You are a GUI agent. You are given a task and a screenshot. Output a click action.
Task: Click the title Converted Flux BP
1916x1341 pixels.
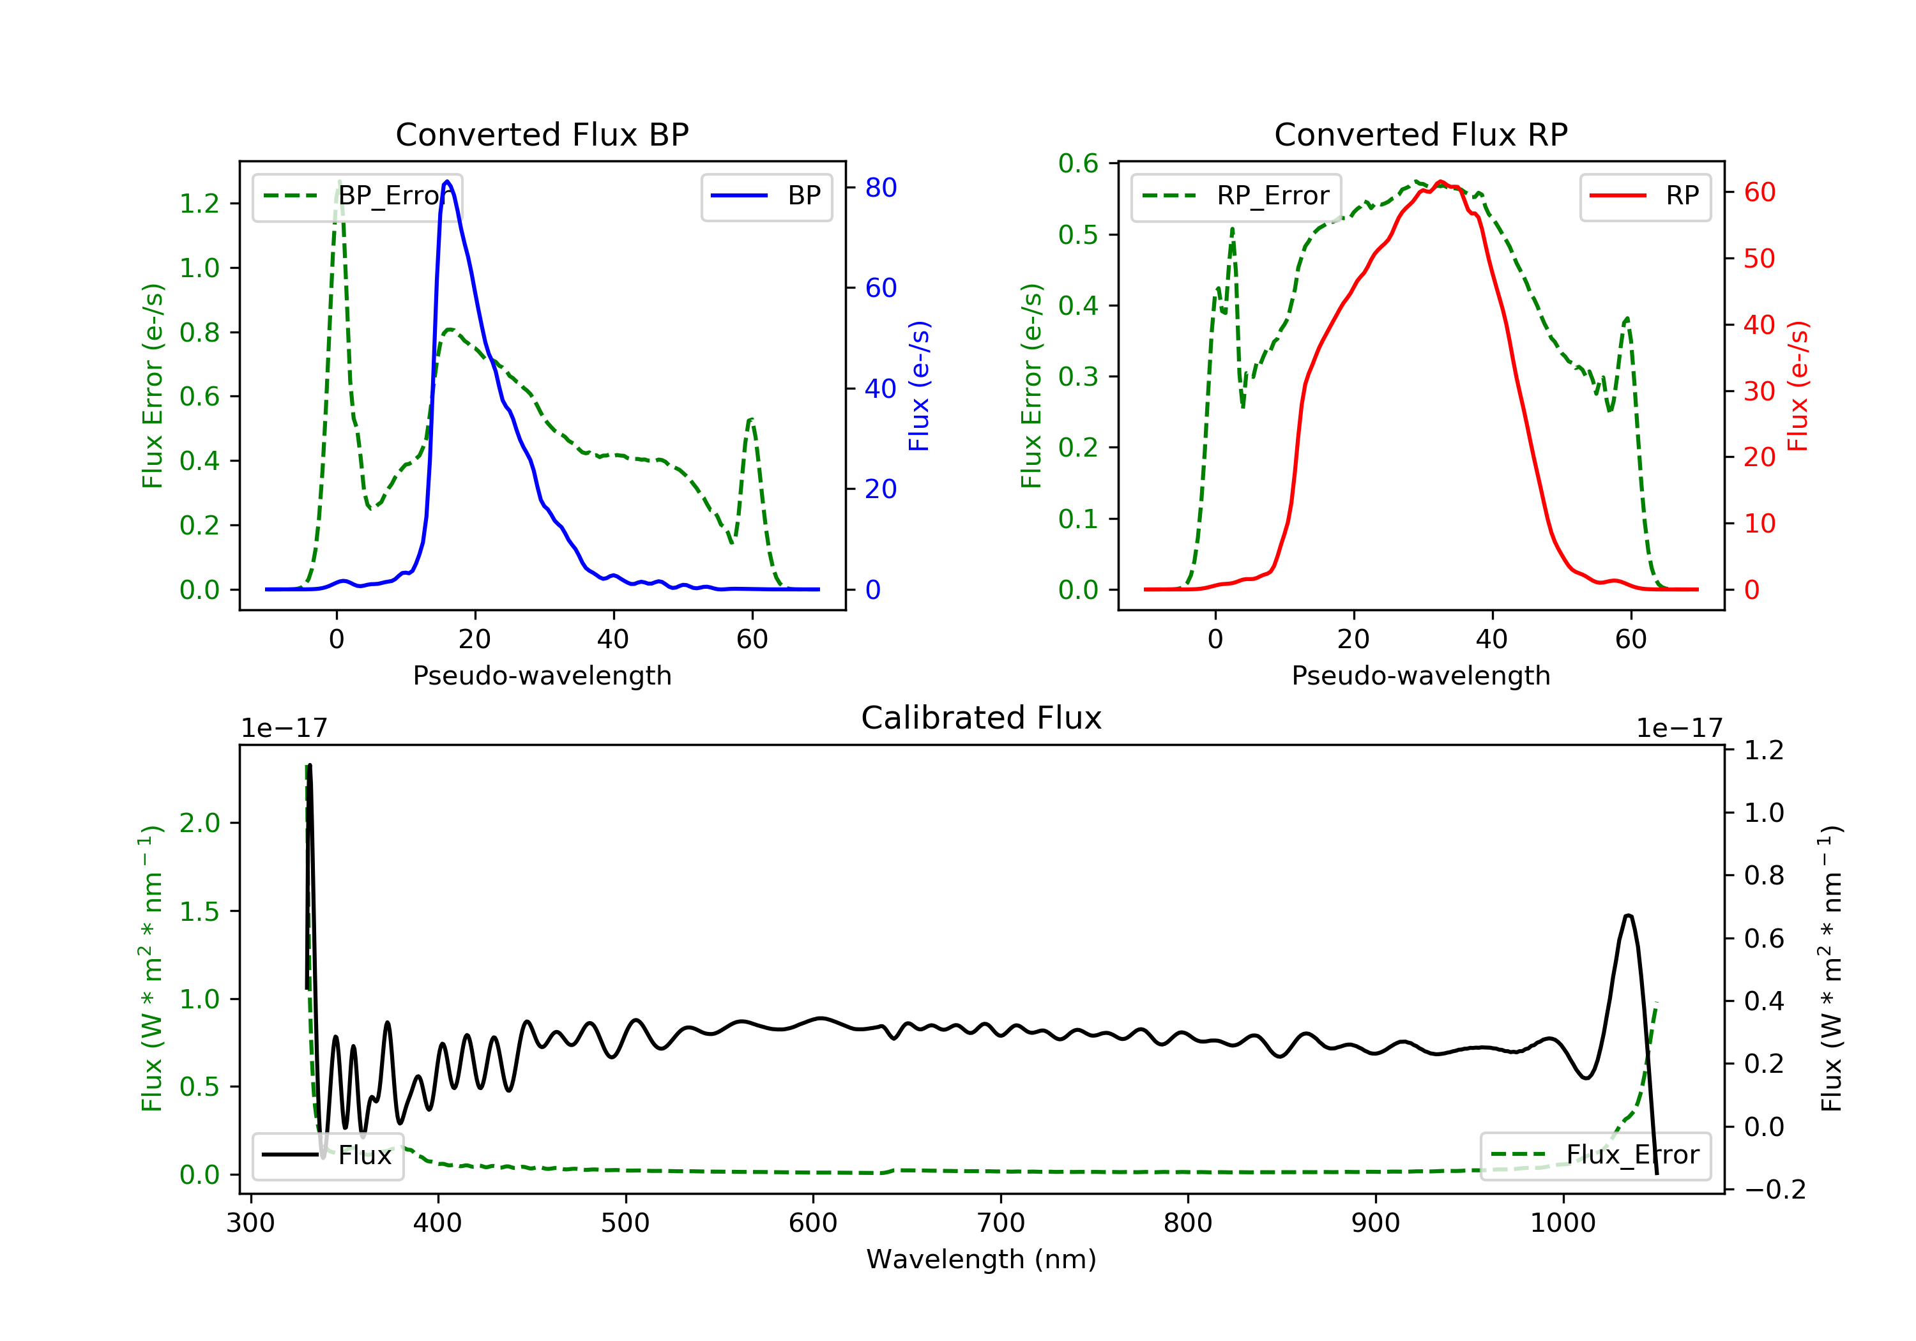pyautogui.click(x=542, y=134)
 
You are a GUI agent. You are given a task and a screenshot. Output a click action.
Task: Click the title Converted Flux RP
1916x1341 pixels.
pyautogui.click(x=1420, y=134)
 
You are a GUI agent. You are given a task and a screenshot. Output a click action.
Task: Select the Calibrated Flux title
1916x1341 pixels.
pyautogui.click(x=982, y=718)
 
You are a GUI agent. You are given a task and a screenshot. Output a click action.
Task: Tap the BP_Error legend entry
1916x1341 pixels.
pyautogui.click(x=357, y=196)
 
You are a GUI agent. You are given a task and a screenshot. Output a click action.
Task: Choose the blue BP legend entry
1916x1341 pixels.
pyautogui.click(x=766, y=196)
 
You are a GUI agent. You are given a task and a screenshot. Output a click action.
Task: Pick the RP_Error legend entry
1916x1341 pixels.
pyautogui.click(x=1236, y=196)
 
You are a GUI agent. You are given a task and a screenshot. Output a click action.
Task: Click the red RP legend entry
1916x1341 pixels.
pyautogui.click(x=1645, y=196)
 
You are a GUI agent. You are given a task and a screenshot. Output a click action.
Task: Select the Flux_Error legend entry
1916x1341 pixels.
pyautogui.click(x=1595, y=1155)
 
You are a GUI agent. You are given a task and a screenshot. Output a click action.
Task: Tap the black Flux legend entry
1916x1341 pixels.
pyautogui.click(x=327, y=1155)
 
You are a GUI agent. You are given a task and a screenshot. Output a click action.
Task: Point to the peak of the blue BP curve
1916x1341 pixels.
pyautogui.click(x=447, y=181)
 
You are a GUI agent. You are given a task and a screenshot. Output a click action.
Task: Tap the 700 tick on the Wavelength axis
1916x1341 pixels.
pyautogui.click(x=1001, y=1224)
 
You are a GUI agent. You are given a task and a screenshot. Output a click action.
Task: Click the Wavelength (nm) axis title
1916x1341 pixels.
pyautogui.click(x=982, y=1259)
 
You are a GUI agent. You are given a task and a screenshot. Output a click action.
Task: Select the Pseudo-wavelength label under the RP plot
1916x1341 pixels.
pyautogui.click(x=1420, y=675)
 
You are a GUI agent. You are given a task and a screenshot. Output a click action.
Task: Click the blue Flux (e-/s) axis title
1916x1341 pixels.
pyautogui.click(x=919, y=386)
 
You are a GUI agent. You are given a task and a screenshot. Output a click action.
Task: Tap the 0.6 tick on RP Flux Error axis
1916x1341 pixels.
pyautogui.click(x=1078, y=163)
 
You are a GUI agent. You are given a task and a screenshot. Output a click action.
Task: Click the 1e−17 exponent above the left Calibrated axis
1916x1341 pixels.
pyautogui.click(x=284, y=729)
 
